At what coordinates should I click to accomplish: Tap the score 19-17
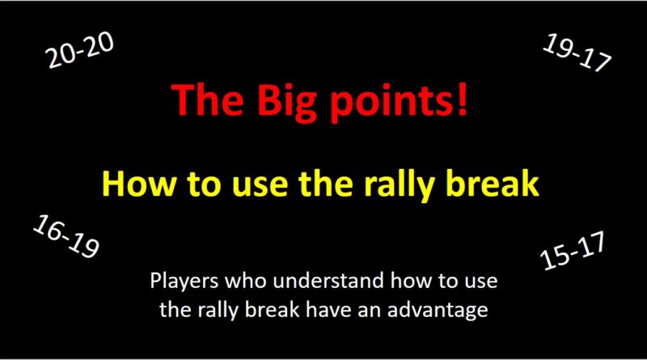tap(577, 54)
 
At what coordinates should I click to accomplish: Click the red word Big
tap(270, 100)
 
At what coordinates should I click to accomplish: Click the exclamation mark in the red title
tap(462, 100)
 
